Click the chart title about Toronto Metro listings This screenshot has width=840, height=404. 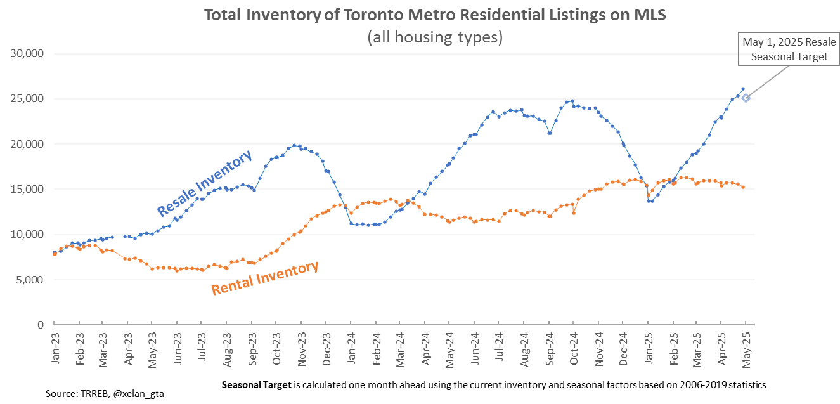point(434,15)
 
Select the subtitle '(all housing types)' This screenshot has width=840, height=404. point(435,37)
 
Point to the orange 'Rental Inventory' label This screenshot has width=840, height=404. point(264,278)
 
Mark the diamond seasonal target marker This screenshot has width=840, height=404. point(746,98)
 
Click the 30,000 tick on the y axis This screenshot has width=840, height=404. point(27,54)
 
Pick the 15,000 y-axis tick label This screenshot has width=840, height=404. point(27,189)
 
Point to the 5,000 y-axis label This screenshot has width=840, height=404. point(30,280)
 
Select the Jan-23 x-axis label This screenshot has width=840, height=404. point(56,348)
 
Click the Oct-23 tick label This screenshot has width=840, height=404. point(276,348)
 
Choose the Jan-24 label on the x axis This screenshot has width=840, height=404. point(351,348)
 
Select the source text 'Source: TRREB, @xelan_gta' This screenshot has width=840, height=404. point(105,394)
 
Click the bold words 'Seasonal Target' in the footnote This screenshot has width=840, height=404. point(256,384)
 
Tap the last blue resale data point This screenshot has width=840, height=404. point(743,89)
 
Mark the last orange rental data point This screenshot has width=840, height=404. point(743,186)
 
